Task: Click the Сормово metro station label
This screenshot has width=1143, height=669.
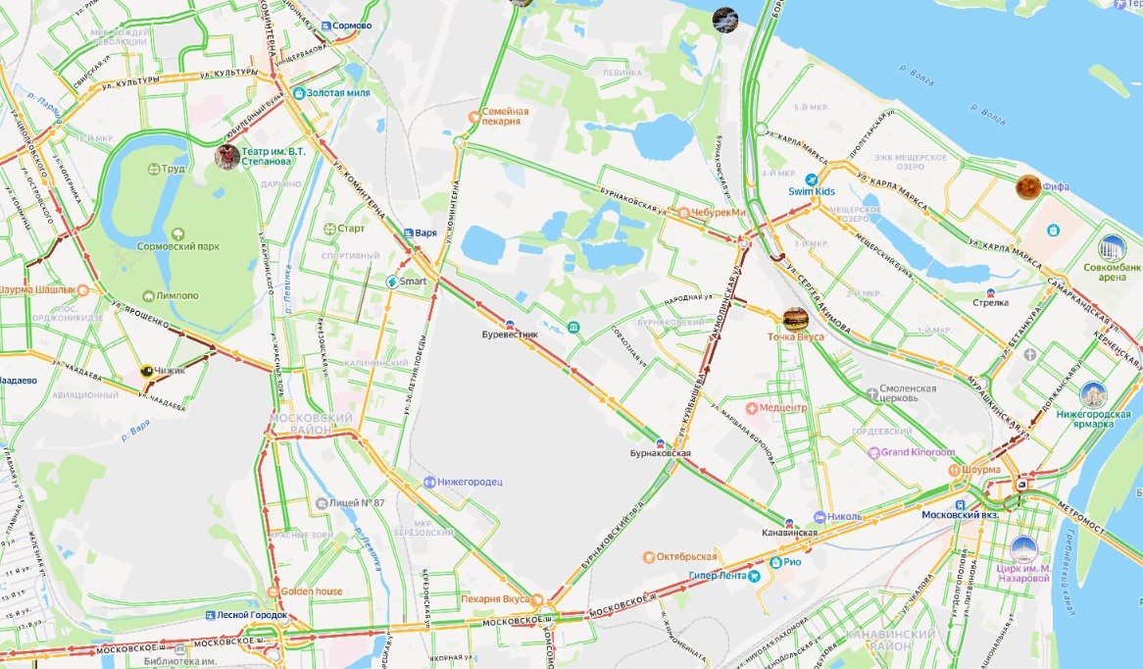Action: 352,26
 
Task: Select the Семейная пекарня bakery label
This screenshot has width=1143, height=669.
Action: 505,117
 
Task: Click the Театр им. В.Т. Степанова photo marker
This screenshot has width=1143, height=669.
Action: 226,155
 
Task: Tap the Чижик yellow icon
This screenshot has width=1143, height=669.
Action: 147,371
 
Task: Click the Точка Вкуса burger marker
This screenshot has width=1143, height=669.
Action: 795,318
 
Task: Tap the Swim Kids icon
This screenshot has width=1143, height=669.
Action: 812,180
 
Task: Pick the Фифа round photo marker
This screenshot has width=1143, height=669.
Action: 1027,185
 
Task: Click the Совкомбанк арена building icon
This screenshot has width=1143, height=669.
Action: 1112,247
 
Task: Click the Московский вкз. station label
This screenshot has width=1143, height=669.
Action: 965,514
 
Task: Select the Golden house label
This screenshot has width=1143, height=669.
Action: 313,592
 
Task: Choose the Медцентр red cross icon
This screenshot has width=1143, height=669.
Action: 753,407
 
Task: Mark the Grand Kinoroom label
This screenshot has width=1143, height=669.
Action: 917,452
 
